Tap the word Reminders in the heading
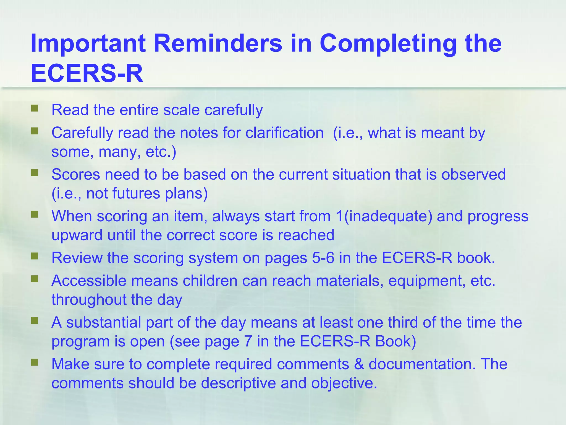[x=218, y=43]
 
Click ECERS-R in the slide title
[x=87, y=73]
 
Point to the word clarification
[x=284, y=133]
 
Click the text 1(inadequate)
[x=384, y=216]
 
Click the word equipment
[x=425, y=281]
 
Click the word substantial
[x=103, y=323]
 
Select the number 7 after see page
[x=248, y=341]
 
